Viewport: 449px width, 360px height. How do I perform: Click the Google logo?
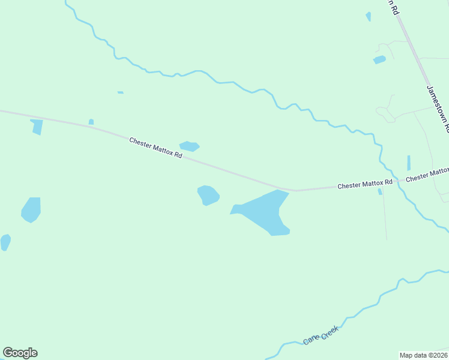pyautogui.click(x=20, y=353)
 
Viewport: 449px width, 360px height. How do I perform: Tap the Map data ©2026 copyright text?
pyautogui.click(x=424, y=355)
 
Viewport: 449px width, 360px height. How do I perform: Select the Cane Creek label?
pyautogui.click(x=321, y=335)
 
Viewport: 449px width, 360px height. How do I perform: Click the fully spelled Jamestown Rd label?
pyautogui.click(x=438, y=108)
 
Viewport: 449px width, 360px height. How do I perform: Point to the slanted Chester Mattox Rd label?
pyautogui.click(x=155, y=148)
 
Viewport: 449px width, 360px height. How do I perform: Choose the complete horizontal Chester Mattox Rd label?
pyautogui.click(x=364, y=183)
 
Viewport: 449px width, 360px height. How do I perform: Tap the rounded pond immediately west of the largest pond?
pyautogui.click(x=208, y=195)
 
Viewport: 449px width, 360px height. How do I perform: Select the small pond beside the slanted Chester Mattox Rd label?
pyautogui.click(x=189, y=146)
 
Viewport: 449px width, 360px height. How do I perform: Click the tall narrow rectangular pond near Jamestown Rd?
pyautogui.click(x=409, y=163)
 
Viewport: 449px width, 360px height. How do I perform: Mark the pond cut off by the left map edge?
pyautogui.click(x=5, y=242)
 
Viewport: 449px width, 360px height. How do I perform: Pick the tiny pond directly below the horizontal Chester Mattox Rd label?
pyautogui.click(x=380, y=192)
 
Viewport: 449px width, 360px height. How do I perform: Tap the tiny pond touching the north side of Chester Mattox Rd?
pyautogui.click(x=91, y=122)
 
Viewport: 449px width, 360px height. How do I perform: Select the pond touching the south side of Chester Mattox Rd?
pyautogui.click(x=37, y=127)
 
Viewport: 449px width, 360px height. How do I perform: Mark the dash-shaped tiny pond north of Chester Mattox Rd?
pyautogui.click(x=121, y=92)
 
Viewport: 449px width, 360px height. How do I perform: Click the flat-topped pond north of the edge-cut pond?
pyautogui.click(x=31, y=209)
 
